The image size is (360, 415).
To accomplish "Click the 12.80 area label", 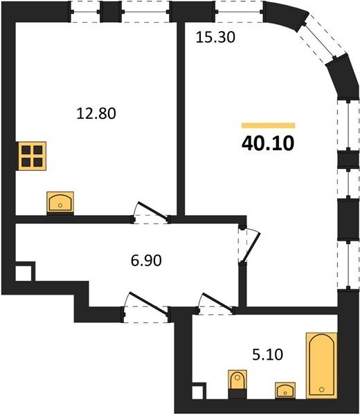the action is tap(96, 113).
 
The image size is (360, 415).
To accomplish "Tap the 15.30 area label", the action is tap(215, 37).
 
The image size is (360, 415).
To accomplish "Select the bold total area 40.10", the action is tap(268, 143).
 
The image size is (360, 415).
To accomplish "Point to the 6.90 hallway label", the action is tap(146, 260).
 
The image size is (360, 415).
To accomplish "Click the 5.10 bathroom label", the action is tap(267, 354).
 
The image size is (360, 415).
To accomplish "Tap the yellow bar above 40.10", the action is tap(268, 125).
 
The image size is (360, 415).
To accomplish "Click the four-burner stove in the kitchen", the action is tap(32, 156).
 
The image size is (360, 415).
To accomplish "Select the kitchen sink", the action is tap(60, 203).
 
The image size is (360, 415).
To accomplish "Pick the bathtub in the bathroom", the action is tap(322, 365).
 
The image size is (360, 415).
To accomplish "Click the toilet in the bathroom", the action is tap(237, 384).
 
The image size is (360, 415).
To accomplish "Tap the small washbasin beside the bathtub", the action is tap(285, 390).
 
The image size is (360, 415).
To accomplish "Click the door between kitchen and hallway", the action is tap(151, 213).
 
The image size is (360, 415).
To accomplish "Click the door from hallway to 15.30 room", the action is tap(249, 244).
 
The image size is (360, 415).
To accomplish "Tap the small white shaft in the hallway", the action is tap(24, 273).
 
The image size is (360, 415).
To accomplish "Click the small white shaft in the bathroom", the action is tap(197, 391).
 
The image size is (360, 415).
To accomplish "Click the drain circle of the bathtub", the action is tap(322, 389).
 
